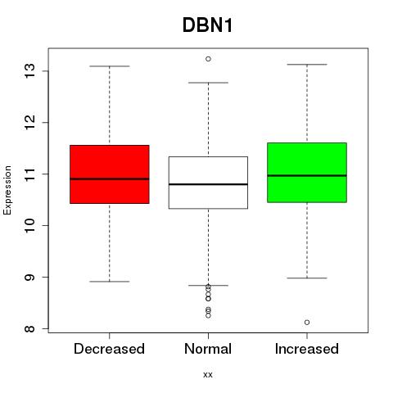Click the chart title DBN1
pyautogui.click(x=207, y=25)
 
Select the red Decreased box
pyautogui.click(x=110, y=174)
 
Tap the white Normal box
pyautogui.click(x=208, y=183)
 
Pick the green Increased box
pyautogui.click(x=307, y=173)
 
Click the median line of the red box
pyautogui.click(x=110, y=179)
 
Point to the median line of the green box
pyautogui.click(x=307, y=176)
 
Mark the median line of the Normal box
pyautogui.click(x=208, y=184)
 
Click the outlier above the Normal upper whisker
pyautogui.click(x=208, y=59)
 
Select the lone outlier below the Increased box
pyautogui.click(x=307, y=323)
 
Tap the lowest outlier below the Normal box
pyautogui.click(x=208, y=315)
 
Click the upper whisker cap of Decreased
pyautogui.click(x=110, y=66)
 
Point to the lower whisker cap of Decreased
pyautogui.click(x=110, y=282)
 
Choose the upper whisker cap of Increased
pyautogui.click(x=307, y=65)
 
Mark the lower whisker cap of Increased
pyautogui.click(x=307, y=278)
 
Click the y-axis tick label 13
pyautogui.click(x=29, y=71)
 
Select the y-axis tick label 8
pyautogui.click(x=29, y=328)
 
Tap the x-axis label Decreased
pyautogui.click(x=109, y=349)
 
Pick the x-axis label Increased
pyautogui.click(x=307, y=349)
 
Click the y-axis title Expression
pyautogui.click(x=7, y=190)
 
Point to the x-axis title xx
pyautogui.click(x=208, y=375)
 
